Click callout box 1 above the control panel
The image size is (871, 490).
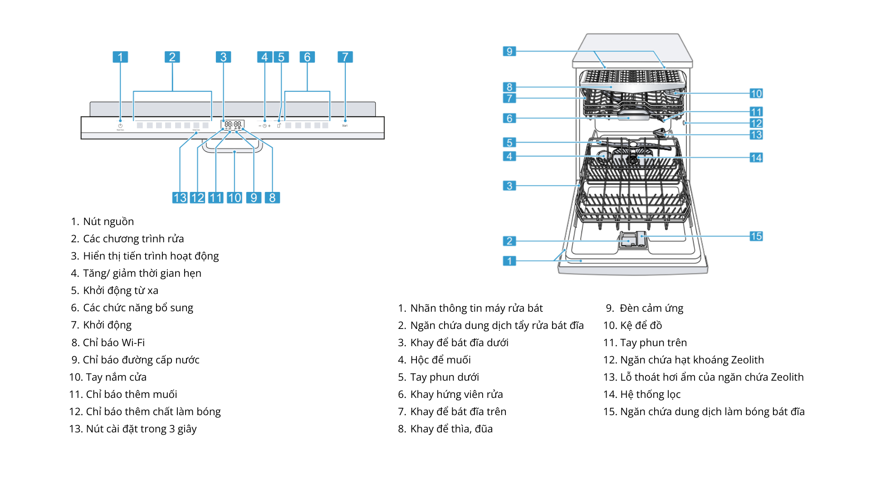pos(120,57)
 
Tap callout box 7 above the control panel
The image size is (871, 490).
pos(345,57)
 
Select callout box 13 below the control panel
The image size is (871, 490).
pos(180,198)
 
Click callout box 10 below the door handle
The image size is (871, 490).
pos(235,198)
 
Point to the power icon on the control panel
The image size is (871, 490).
pos(120,126)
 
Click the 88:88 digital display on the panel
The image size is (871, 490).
pos(233,124)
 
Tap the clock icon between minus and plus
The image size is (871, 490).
pos(264,126)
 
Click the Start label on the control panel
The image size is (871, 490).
pos(345,126)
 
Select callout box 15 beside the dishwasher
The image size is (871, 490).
pos(756,236)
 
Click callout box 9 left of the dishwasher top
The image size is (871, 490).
pos(509,51)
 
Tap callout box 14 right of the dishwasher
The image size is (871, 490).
pos(756,158)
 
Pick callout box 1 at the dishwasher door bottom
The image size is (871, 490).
pos(509,261)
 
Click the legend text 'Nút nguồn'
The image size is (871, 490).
pos(108,222)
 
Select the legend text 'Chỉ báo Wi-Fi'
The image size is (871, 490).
pos(114,343)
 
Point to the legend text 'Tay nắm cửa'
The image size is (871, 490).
pos(116,377)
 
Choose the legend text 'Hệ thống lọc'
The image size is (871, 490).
pos(650,395)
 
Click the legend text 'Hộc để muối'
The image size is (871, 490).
pos(440,360)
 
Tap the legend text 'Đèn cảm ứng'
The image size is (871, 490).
pos(651,309)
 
